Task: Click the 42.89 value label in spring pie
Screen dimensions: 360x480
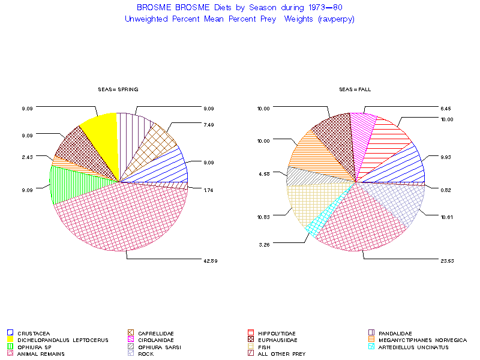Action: tap(209, 260)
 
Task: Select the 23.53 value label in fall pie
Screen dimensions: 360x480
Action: tap(445, 260)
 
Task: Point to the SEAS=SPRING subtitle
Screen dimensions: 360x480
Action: tap(118, 89)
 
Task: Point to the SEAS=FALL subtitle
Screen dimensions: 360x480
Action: tap(355, 89)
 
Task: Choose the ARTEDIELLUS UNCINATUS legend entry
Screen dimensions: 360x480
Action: tap(413, 347)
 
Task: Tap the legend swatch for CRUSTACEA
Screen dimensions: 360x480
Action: tap(10, 333)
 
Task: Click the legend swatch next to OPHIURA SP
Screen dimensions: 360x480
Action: tap(10, 347)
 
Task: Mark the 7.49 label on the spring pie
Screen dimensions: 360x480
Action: tap(209, 124)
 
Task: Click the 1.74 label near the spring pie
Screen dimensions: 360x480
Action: tap(209, 190)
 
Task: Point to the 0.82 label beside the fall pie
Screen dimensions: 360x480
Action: tap(445, 190)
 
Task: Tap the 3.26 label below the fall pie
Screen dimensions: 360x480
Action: tap(265, 244)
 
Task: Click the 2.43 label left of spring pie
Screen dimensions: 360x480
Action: tap(26, 157)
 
